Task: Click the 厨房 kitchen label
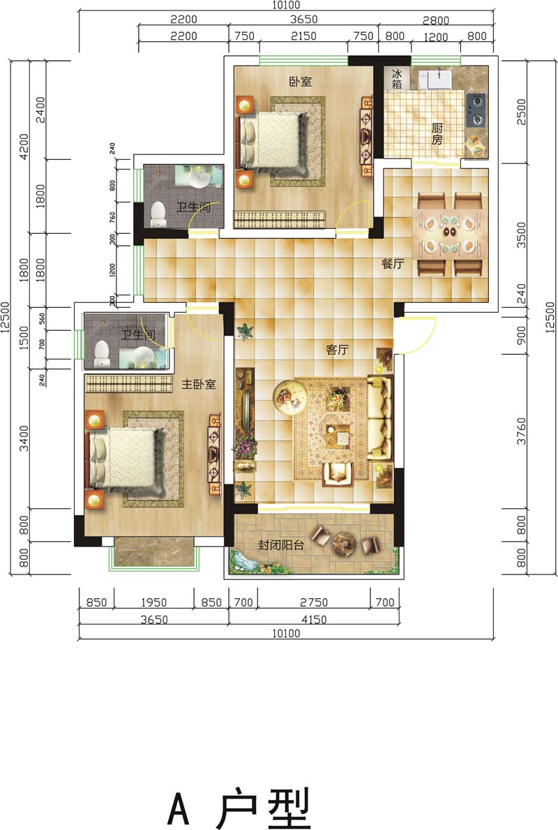[x=437, y=134]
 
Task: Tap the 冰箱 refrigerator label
[x=397, y=79]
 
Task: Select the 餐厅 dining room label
[x=393, y=264]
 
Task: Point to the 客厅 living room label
[x=337, y=350]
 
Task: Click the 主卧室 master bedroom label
[x=198, y=385]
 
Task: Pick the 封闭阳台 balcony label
[x=281, y=544]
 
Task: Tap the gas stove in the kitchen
[x=476, y=110]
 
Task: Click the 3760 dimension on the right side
[x=522, y=430]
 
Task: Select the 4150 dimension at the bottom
[x=314, y=618]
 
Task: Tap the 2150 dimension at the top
[x=303, y=36]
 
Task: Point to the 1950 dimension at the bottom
[x=154, y=602]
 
